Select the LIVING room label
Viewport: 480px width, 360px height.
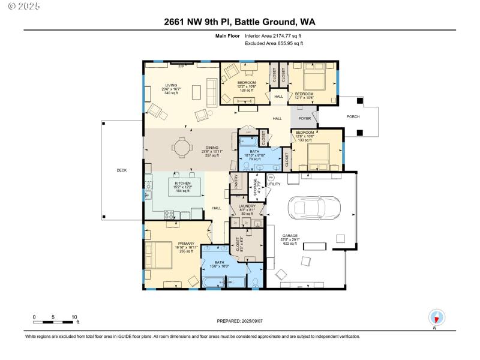pyautogui.click(x=171, y=85)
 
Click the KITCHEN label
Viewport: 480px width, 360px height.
pyautogui.click(x=183, y=182)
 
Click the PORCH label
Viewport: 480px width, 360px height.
pyautogui.click(x=354, y=116)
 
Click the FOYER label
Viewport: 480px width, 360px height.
pyautogui.click(x=305, y=119)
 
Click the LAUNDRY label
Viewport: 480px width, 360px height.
pyautogui.click(x=247, y=206)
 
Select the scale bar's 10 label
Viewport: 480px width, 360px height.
pyautogui.click(x=74, y=317)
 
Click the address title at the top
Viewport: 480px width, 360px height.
pyautogui.click(x=239, y=22)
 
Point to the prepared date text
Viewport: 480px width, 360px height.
pyautogui.click(x=240, y=322)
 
